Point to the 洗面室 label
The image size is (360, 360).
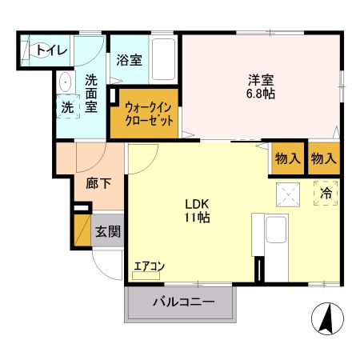pos(92,93)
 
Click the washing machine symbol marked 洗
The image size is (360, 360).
pos(68,106)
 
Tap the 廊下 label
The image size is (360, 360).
pos(99,182)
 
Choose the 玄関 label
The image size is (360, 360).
pos(108,232)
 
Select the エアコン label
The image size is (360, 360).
pos(148,266)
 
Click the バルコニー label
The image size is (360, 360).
pos(182,303)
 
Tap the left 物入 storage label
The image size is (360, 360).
pos(288,158)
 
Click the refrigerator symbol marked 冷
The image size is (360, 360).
pos(326,193)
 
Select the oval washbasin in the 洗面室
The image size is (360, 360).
pos(64,82)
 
